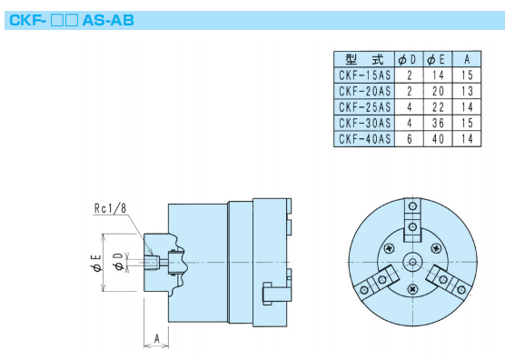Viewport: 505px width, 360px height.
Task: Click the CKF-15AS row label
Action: pos(364,75)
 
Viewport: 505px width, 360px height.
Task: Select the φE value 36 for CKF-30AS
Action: pos(438,123)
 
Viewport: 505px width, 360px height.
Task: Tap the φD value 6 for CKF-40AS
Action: pos(410,139)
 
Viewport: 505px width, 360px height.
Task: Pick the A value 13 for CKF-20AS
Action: pos(467,91)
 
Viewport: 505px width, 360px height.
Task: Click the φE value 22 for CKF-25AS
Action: pos(438,107)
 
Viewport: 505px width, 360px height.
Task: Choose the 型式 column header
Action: pos(364,60)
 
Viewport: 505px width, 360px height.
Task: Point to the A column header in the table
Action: pos(467,59)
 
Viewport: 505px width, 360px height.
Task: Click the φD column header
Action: pos(407,60)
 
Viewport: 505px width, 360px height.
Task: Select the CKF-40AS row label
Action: pos(364,139)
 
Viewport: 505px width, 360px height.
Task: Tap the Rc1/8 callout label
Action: pos(110,208)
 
